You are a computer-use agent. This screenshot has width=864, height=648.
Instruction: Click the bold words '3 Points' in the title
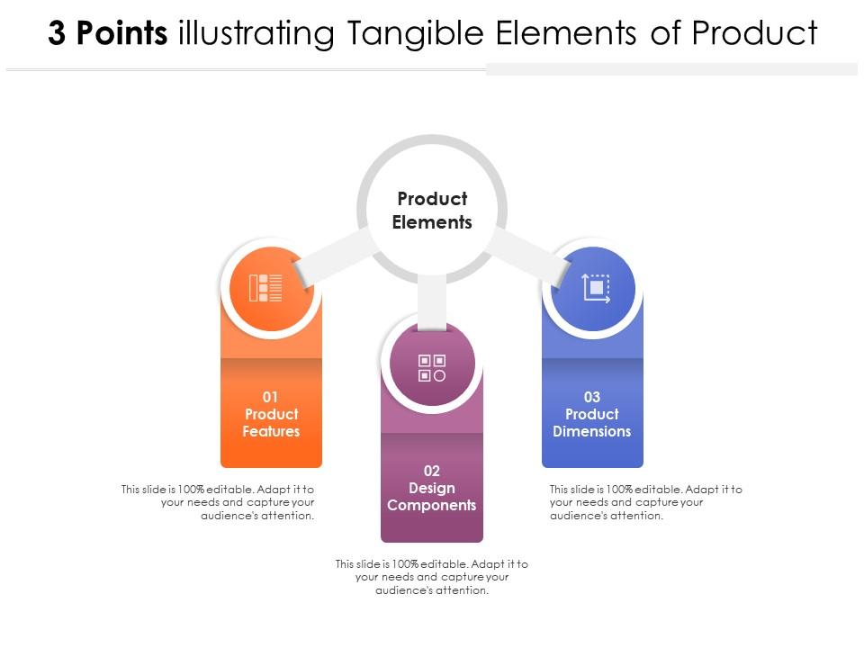coord(108,34)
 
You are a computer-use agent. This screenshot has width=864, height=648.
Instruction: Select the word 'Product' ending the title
coord(754,34)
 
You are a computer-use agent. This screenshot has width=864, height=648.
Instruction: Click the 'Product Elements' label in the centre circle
coord(432,211)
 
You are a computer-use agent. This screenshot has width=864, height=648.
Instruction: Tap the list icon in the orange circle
coord(265,288)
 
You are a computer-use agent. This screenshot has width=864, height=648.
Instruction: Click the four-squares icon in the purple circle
coord(432,367)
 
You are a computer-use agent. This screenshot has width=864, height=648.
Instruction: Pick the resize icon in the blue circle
coord(596,288)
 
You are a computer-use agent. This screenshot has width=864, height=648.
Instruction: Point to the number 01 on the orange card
coord(271,397)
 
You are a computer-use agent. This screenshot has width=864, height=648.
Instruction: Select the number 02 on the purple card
coord(432,471)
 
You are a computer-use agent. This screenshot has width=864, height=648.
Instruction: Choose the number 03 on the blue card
coord(592,397)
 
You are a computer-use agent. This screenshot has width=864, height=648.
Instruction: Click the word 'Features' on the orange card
coord(271,432)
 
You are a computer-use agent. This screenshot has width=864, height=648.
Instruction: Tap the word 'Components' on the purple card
coord(432,506)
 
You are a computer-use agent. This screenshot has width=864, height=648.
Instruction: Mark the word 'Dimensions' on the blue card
coord(592,432)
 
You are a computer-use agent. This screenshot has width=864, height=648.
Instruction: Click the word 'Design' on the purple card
coord(432,488)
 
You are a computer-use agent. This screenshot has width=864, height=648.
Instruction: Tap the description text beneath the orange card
coord(219,502)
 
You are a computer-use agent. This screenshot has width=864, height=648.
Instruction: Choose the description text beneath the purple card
coord(432,577)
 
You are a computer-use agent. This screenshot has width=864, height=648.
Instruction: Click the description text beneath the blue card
coord(645,502)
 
